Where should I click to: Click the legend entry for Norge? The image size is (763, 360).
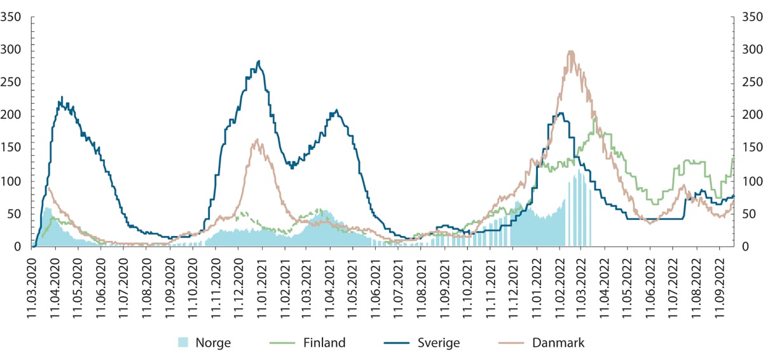(x=203, y=343)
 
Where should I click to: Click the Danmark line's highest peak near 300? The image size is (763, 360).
(x=570, y=52)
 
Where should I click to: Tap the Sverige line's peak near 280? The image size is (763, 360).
(x=259, y=61)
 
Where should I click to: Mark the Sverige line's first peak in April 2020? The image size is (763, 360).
(x=62, y=97)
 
